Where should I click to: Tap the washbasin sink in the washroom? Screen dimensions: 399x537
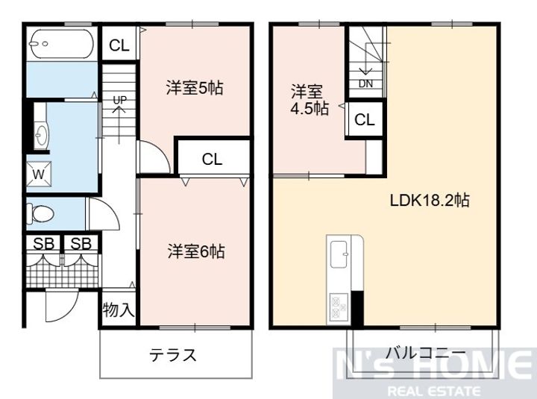pyautogui.click(x=41, y=136)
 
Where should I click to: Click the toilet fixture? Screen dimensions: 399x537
pyautogui.click(x=40, y=214)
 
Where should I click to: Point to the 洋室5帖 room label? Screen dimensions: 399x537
pyautogui.click(x=194, y=88)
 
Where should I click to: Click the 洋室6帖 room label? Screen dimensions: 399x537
pyautogui.click(x=195, y=251)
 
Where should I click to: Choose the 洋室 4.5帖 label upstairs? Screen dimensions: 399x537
pyautogui.click(x=307, y=100)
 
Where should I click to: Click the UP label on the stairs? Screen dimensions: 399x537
pyautogui.click(x=119, y=99)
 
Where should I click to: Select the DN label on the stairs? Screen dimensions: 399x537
pyautogui.click(x=365, y=84)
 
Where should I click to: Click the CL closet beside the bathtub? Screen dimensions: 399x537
pyautogui.click(x=119, y=45)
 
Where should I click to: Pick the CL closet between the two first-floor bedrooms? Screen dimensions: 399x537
pyautogui.click(x=212, y=159)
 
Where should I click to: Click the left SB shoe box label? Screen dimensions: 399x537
pyautogui.click(x=43, y=243)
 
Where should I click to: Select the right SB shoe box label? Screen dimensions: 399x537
pyautogui.click(x=81, y=243)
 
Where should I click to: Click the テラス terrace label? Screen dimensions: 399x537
pyautogui.click(x=174, y=354)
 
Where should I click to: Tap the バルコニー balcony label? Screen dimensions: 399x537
pyautogui.click(x=426, y=353)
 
